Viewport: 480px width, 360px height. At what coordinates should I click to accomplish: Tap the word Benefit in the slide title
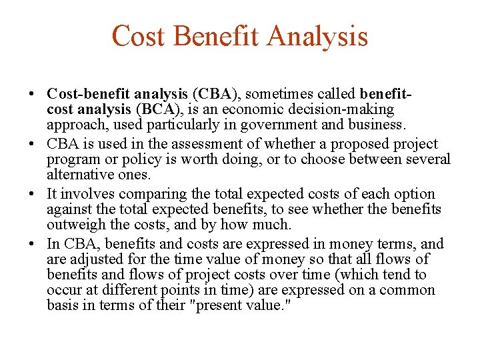[219, 35]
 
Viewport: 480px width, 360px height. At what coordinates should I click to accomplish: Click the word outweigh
[77, 225]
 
